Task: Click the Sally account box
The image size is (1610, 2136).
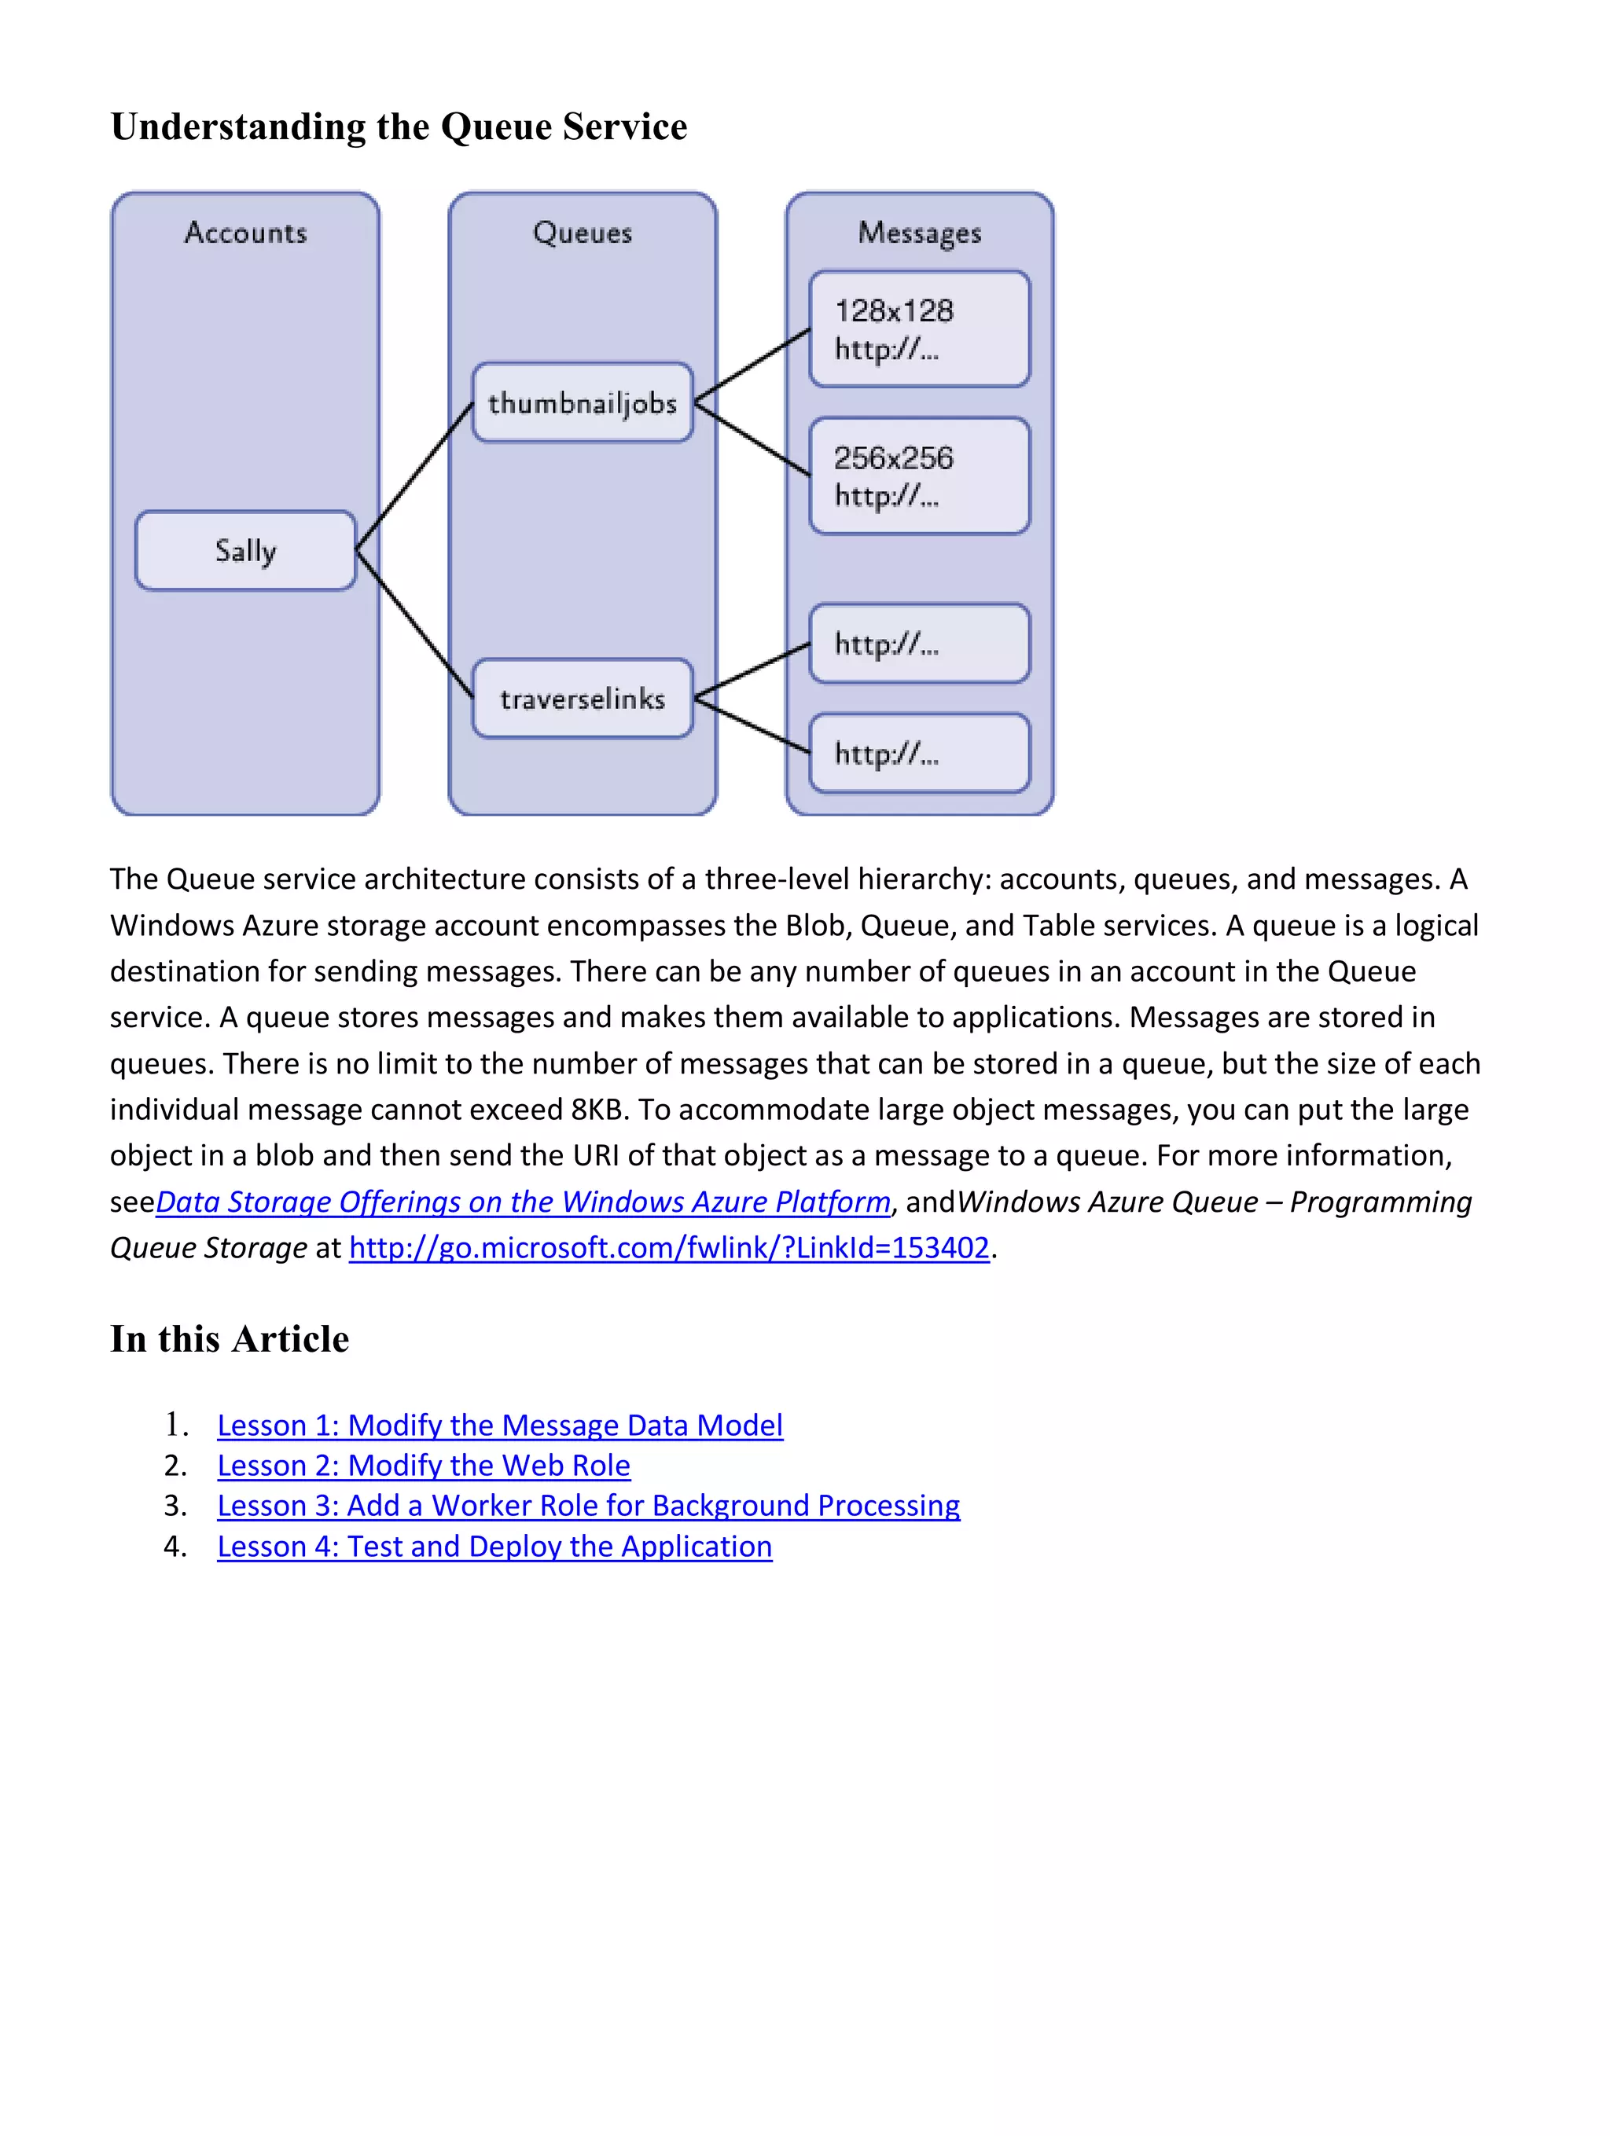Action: coord(245,550)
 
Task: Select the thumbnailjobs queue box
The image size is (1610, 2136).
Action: coord(583,402)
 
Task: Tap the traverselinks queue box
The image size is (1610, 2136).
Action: coord(583,698)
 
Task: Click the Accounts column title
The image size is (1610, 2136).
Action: coord(245,233)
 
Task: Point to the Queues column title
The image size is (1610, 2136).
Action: coord(583,233)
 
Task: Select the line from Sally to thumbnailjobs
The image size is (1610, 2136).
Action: coord(414,477)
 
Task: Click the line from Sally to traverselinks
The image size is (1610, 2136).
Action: coord(414,624)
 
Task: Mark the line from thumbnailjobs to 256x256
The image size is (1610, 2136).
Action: coord(752,439)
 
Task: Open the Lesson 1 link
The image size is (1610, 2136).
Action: coord(499,1426)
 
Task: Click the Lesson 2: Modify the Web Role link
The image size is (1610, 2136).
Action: coord(423,1466)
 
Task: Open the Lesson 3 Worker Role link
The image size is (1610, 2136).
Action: coord(588,1506)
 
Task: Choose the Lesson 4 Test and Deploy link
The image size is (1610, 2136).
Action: coord(494,1546)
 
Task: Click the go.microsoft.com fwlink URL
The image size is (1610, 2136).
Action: coord(668,1248)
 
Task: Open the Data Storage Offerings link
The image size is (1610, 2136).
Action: coord(523,1202)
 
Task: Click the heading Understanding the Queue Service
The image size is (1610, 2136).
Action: coord(399,127)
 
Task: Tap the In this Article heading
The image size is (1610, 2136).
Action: coord(230,1338)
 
